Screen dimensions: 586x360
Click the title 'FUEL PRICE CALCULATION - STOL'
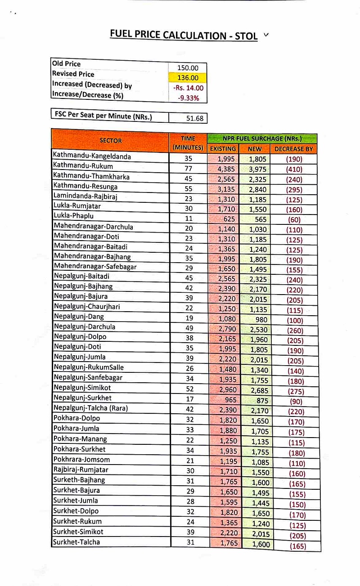point(184,35)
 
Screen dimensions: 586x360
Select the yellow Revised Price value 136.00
point(188,78)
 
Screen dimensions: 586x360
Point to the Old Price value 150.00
point(188,68)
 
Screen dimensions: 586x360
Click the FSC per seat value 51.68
point(194,118)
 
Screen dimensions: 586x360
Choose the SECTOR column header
point(110,141)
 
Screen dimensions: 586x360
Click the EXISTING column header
point(223,148)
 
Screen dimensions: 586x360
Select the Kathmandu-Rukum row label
point(83,166)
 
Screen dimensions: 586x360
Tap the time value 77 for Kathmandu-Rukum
point(189,169)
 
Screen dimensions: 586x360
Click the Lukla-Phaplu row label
point(76,216)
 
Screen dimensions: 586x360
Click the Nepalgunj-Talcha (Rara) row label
point(90,408)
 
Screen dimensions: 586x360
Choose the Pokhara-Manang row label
point(80,438)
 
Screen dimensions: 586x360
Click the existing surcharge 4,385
point(226,169)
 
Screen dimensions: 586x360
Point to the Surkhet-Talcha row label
point(76,541)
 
